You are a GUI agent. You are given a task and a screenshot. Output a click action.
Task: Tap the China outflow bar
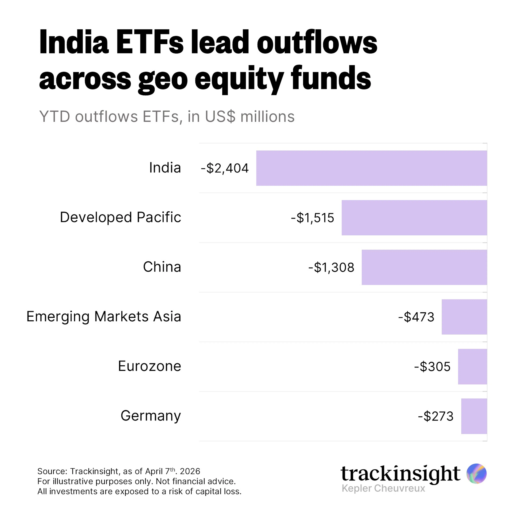pos(424,267)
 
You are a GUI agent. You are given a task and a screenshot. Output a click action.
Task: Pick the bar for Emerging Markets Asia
pos(464,317)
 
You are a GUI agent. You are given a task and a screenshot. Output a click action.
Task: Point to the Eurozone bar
pos(472,366)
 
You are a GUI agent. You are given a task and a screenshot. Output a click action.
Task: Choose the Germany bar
pos(474,416)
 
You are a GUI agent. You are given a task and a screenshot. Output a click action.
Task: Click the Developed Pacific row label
pos(120,217)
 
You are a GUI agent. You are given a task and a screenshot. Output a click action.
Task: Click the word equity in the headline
pos(239,79)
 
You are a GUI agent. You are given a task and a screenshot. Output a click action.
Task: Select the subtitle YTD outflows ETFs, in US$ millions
pos(167,117)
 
